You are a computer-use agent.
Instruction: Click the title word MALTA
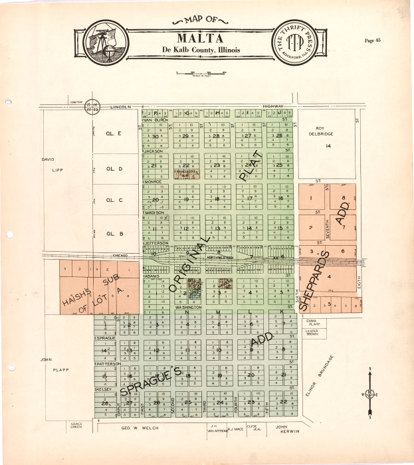(200, 38)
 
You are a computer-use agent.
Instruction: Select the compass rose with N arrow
(369, 394)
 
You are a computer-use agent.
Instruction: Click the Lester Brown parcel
(312, 333)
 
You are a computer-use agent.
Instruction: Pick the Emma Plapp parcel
(312, 323)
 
